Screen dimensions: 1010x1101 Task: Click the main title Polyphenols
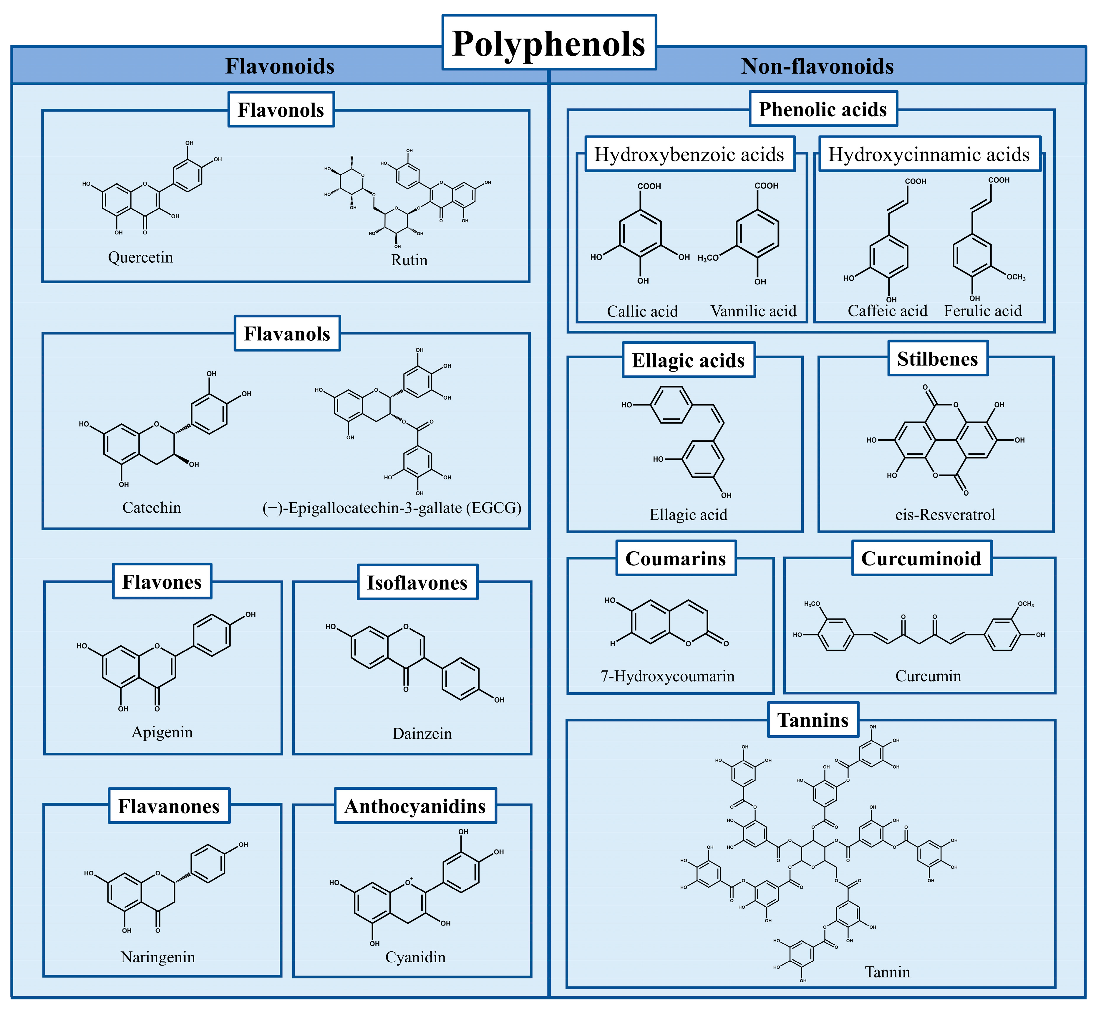(549, 43)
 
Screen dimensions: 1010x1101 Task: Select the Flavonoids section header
(280, 66)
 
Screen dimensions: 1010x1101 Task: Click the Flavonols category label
(281, 110)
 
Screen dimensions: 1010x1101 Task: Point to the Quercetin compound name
(140, 257)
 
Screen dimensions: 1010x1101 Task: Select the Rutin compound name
(409, 260)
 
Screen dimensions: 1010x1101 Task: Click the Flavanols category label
(287, 333)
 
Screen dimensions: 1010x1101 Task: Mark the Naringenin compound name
(158, 957)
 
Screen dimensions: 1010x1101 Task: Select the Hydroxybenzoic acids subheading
(689, 155)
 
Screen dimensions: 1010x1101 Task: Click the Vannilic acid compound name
(754, 311)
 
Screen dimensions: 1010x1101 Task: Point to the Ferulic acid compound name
(982, 311)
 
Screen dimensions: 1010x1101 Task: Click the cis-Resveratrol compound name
(945, 515)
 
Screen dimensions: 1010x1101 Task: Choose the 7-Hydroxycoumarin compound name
(668, 676)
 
